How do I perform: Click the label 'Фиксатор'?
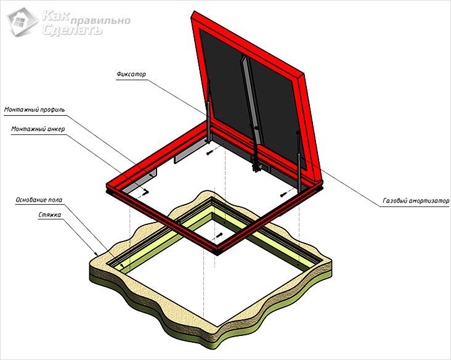point(131,74)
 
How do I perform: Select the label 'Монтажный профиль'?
point(35,110)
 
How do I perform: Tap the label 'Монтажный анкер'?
point(38,129)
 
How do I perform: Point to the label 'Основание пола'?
point(39,200)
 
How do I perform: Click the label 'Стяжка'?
point(50,215)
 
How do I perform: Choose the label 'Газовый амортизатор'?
point(416,201)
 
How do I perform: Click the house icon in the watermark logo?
point(22,22)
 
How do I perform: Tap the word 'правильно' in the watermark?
point(100,21)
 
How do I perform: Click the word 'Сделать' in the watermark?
point(72,30)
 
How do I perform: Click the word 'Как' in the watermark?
point(55,16)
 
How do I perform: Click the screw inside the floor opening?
point(219,235)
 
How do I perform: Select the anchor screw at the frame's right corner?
point(283,195)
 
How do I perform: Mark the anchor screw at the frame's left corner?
point(147,191)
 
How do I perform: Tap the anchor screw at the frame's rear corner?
point(210,153)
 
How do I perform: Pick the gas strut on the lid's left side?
point(208,112)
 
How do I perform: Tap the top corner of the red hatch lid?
point(195,12)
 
